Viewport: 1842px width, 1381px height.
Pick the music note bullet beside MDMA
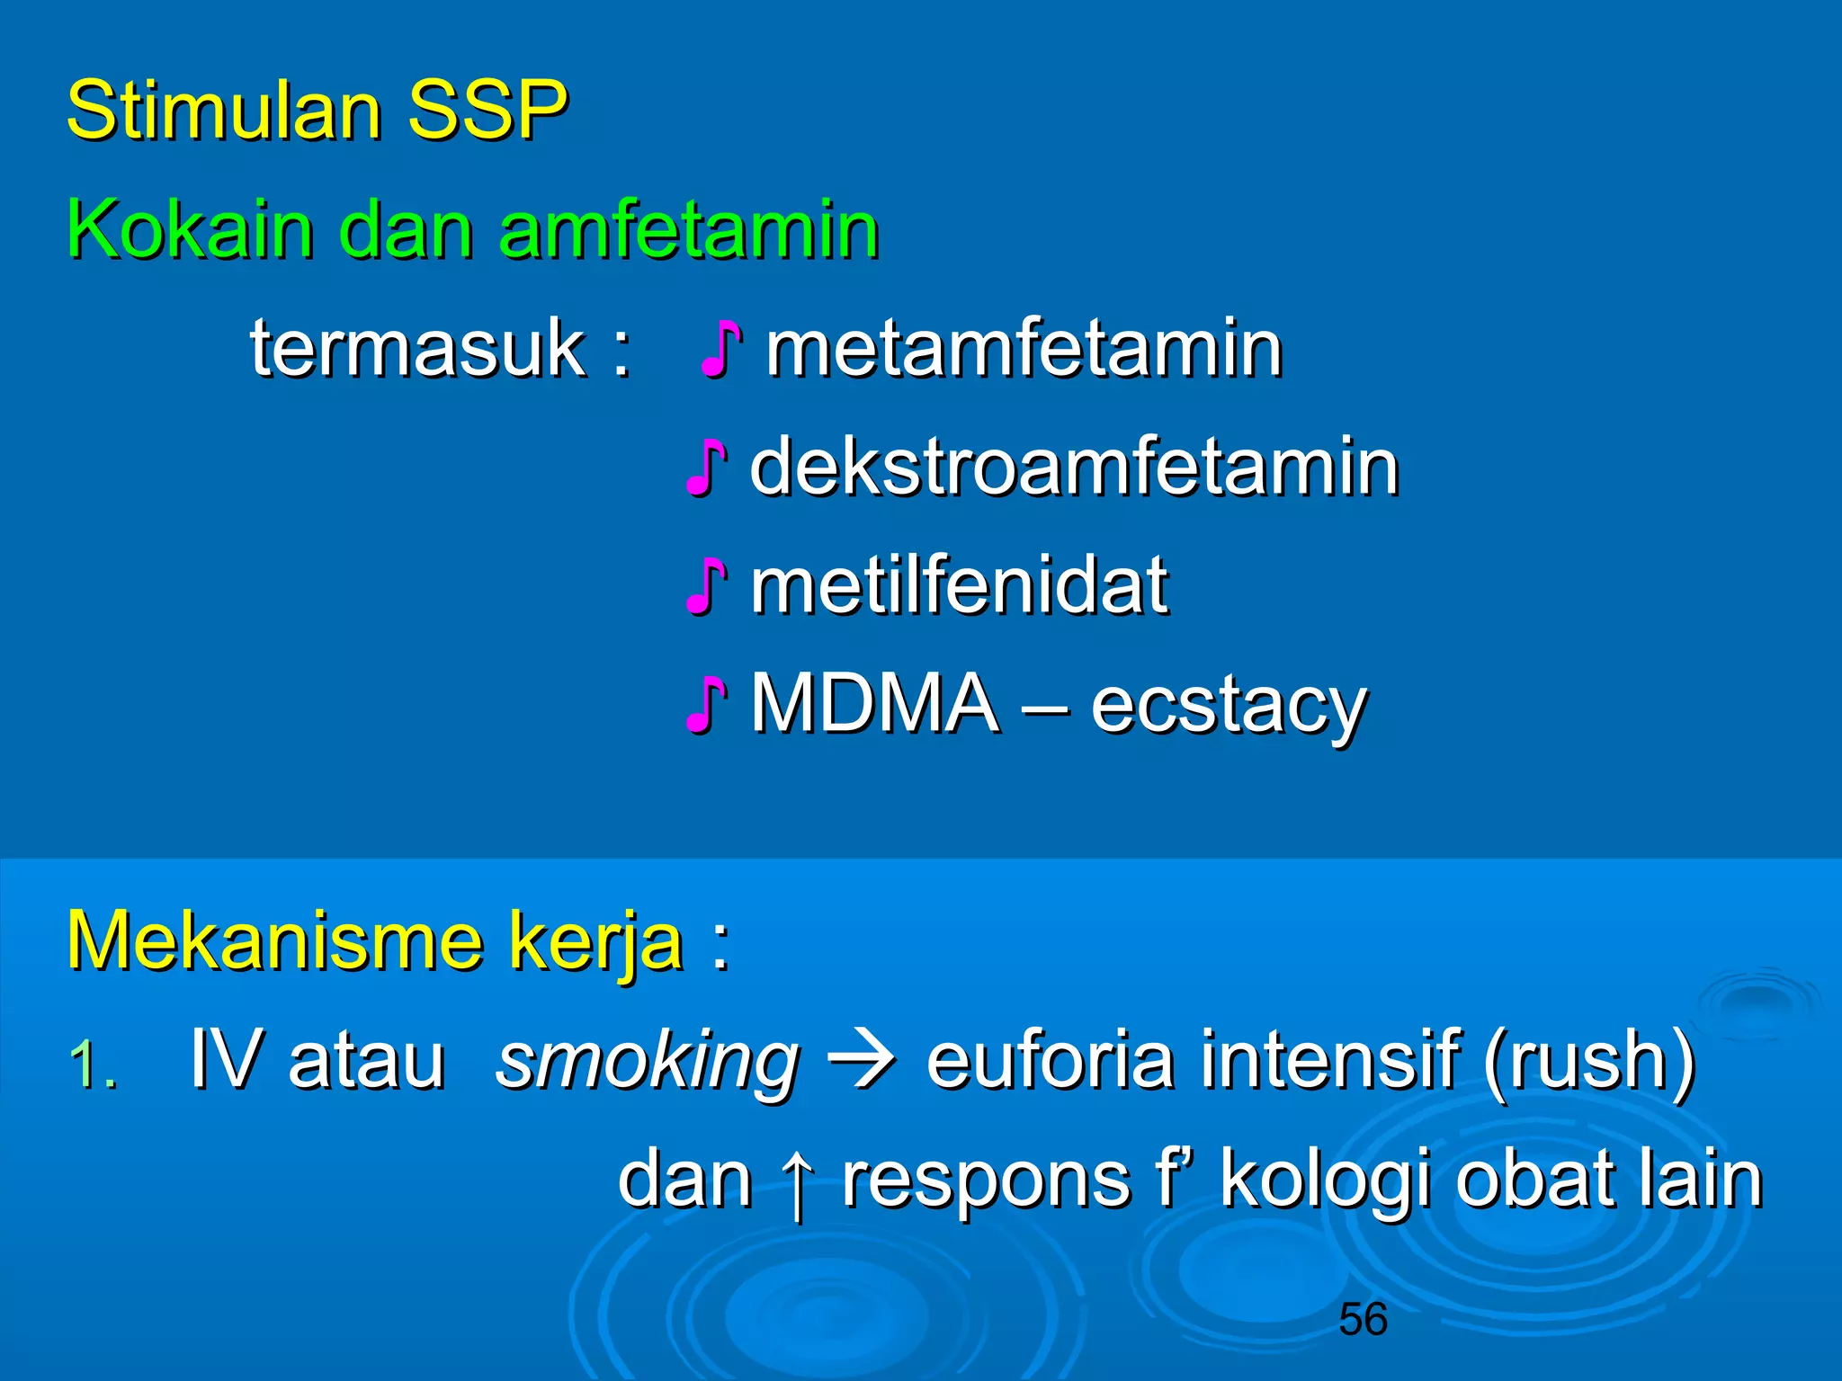coord(706,705)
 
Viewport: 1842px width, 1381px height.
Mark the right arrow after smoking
coord(862,1061)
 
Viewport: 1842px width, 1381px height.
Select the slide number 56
coord(1363,1320)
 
